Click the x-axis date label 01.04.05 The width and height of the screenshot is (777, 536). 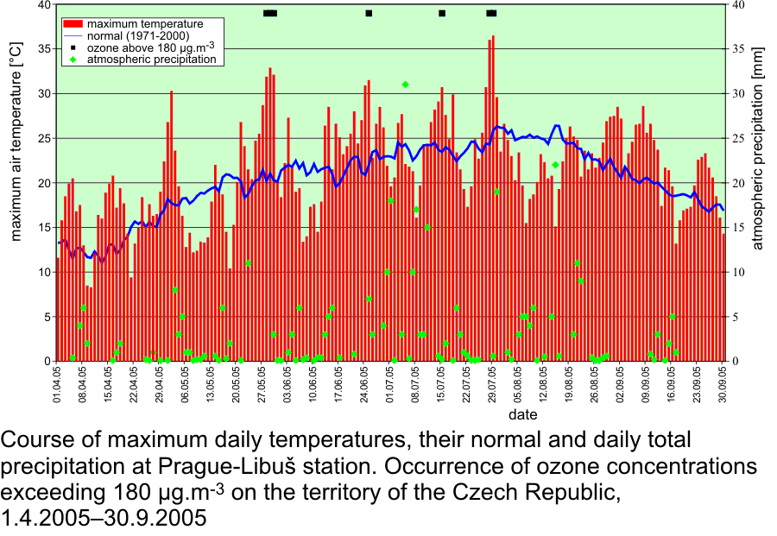pos(58,385)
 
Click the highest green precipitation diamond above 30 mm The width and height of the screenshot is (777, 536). pos(405,85)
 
